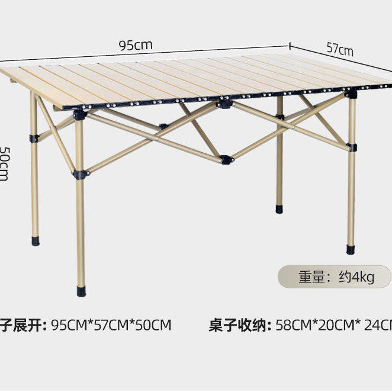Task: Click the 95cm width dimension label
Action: click(x=136, y=45)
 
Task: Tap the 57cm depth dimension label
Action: click(x=339, y=49)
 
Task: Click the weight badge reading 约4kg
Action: click(x=335, y=277)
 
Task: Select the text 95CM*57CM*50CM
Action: click(x=111, y=325)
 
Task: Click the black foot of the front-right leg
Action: click(x=351, y=249)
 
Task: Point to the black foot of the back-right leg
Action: click(x=279, y=209)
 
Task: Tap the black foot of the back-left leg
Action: click(x=35, y=242)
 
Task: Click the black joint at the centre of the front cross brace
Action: click(x=225, y=159)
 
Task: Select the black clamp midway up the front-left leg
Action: click(x=80, y=175)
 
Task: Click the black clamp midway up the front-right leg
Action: click(x=352, y=147)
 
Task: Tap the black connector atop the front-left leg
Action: click(x=79, y=114)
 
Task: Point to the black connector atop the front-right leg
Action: click(x=352, y=94)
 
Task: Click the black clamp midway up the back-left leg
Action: click(x=35, y=138)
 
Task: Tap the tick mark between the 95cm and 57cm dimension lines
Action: click(x=290, y=45)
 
